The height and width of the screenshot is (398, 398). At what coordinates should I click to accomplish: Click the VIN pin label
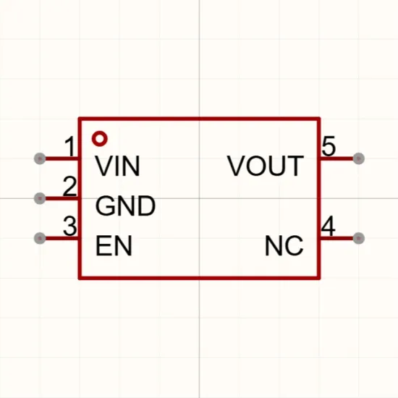tap(117, 166)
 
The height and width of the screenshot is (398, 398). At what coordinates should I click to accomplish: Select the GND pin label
tap(125, 206)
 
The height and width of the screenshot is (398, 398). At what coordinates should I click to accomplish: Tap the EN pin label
tap(114, 245)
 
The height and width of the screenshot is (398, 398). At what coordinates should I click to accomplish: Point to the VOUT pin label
tap(266, 166)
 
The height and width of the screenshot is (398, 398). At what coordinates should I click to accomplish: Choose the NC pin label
tap(284, 245)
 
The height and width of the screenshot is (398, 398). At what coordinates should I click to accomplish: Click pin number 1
tap(69, 146)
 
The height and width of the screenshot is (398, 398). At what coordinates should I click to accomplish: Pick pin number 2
tap(69, 186)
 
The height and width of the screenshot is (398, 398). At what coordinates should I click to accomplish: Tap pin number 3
tap(69, 226)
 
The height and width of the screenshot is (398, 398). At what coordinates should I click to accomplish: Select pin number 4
tap(328, 226)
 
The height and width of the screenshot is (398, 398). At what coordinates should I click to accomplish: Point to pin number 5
tap(329, 146)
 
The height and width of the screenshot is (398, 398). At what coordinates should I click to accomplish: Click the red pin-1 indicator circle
tap(100, 139)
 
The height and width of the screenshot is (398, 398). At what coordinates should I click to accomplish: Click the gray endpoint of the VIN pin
tap(40, 158)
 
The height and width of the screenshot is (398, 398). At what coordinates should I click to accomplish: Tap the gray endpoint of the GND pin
tap(40, 198)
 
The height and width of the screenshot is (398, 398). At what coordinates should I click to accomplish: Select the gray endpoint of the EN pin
tap(40, 238)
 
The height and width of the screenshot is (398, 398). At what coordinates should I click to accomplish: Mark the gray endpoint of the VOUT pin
tap(358, 158)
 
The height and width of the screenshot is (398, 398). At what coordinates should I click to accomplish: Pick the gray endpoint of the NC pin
tap(358, 238)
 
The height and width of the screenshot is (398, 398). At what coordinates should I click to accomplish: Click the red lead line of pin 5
tap(336, 158)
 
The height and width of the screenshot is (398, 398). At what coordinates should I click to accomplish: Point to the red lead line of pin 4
tap(336, 238)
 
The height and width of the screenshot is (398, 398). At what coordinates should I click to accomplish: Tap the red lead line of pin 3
tap(62, 238)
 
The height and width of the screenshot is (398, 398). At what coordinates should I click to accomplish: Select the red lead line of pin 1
tap(62, 158)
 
